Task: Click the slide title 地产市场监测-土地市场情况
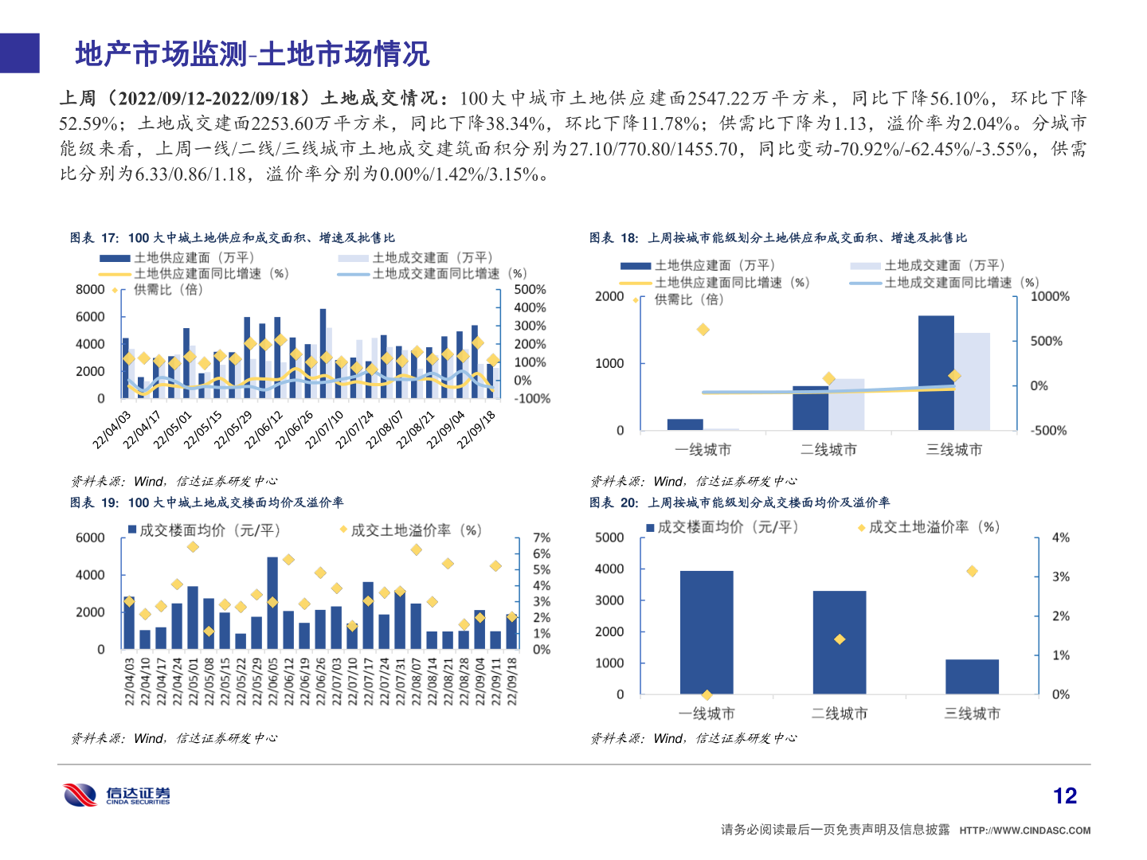252,54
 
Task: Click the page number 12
1064,795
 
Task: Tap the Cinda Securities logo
116,795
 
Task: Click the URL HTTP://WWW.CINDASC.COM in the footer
1024,831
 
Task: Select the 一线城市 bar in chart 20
707,632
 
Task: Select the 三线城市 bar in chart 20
972,677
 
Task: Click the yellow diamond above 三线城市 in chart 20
972,571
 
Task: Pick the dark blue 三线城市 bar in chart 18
936,373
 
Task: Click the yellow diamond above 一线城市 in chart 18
703,329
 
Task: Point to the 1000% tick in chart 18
1050,296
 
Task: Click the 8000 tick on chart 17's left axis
90,290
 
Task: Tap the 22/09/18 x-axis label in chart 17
477,430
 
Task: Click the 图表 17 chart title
232,237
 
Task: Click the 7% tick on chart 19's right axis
542,538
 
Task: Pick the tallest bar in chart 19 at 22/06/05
272,603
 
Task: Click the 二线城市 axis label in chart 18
828,450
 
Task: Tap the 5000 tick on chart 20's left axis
609,537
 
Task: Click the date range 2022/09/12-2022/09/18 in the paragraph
209,98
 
